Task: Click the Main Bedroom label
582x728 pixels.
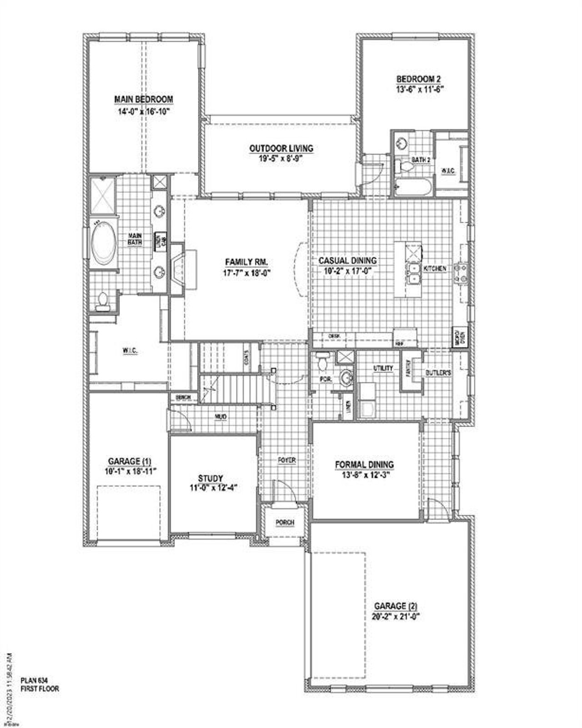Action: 144,99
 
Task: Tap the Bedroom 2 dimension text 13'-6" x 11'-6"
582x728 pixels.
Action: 419,90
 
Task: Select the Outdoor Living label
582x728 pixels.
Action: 281,148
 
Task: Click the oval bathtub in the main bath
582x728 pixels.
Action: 104,244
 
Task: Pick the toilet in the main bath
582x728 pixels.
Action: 103,301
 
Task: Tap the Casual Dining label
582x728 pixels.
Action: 347,261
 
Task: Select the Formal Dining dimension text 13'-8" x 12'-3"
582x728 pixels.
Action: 365,474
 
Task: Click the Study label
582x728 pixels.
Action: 211,478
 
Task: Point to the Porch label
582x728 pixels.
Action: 285,522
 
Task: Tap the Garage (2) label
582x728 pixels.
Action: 396,606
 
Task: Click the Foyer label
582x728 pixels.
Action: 287,460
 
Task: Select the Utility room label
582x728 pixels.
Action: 383,368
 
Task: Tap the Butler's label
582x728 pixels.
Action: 438,372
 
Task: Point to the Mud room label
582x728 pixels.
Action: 221,417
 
